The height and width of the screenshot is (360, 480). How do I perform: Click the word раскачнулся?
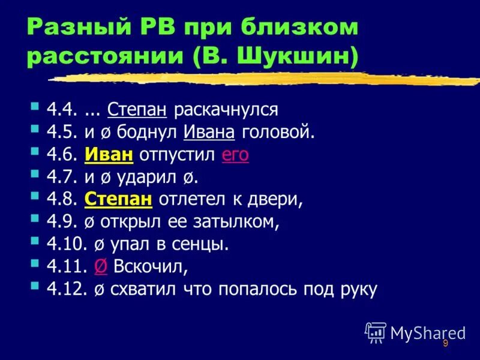(x=226, y=110)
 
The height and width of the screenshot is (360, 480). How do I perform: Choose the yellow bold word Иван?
(x=109, y=154)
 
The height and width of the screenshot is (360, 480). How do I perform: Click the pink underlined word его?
(x=235, y=155)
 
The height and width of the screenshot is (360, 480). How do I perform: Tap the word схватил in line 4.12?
(x=137, y=289)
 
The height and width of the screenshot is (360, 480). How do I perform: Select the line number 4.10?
(x=62, y=244)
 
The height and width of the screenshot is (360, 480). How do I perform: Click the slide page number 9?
(x=445, y=343)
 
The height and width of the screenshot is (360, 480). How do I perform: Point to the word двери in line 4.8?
(x=259, y=200)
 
